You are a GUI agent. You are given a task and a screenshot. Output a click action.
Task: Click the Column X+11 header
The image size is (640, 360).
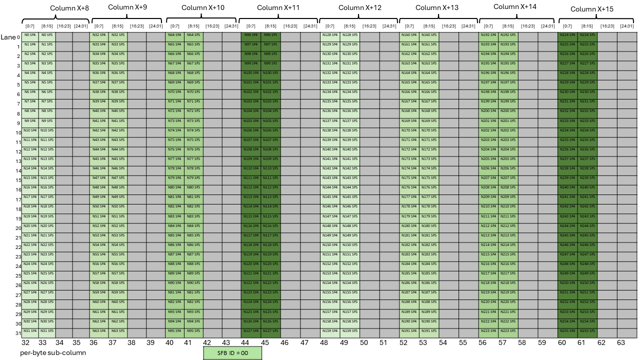pyautogui.click(x=278, y=8)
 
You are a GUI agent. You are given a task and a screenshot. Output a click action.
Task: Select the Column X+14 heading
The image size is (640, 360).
pyautogui.click(x=515, y=7)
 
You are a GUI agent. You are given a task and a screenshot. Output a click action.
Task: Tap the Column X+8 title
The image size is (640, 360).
pyautogui.click(x=69, y=8)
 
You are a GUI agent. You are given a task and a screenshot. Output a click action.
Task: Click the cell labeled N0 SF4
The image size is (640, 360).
pyautogui.click(x=29, y=35)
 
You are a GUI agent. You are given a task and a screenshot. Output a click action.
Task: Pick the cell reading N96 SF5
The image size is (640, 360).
pyautogui.click(x=270, y=35)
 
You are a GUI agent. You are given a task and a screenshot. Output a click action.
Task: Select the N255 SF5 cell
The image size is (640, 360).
pyautogui.click(x=587, y=331)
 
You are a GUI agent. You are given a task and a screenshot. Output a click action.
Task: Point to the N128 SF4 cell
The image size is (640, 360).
pyautogui.click(x=329, y=35)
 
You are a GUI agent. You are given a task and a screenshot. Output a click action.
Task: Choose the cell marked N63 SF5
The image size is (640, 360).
pyautogui.click(x=118, y=331)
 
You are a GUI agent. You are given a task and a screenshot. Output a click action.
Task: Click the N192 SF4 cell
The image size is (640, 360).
pyautogui.click(x=488, y=35)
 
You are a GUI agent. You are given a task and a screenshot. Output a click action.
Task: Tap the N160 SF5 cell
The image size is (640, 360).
pyautogui.click(x=428, y=35)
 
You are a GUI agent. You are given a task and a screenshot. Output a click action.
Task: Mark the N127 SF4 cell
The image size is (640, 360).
pyautogui.click(x=250, y=331)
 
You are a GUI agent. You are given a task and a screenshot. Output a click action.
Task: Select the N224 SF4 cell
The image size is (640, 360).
pyautogui.click(x=567, y=35)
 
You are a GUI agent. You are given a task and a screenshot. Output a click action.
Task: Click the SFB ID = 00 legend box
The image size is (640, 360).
pyautogui.click(x=232, y=353)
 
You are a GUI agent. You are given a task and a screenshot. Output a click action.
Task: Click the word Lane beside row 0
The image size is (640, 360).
pyautogui.click(x=8, y=37)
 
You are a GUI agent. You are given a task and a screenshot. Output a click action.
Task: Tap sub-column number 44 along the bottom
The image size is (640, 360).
pyautogui.click(x=245, y=343)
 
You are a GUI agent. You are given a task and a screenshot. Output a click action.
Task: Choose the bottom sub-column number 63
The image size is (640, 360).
pyautogui.click(x=621, y=343)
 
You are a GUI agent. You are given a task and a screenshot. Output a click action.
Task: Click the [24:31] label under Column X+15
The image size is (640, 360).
pyautogui.click(x=626, y=26)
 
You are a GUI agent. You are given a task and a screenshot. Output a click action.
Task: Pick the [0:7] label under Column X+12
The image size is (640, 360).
pyautogui.click(x=329, y=26)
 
